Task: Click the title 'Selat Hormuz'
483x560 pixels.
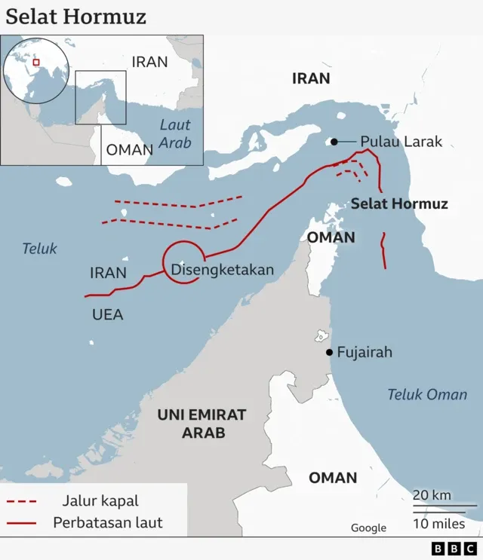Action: click(x=76, y=17)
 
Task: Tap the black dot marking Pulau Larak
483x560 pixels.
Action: click(x=334, y=141)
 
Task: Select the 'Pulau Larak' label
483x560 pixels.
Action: click(x=401, y=141)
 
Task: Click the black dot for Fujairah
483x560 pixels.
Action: click(x=329, y=352)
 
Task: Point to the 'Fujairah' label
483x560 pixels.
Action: click(x=365, y=352)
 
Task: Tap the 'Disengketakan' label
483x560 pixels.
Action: click(x=223, y=270)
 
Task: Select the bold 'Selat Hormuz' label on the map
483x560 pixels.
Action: click(x=399, y=203)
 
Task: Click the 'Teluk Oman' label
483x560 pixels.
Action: click(x=427, y=394)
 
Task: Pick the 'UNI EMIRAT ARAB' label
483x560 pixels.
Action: click(x=202, y=424)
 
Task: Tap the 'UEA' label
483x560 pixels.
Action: click(x=107, y=315)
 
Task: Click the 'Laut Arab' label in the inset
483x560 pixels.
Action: click(x=175, y=133)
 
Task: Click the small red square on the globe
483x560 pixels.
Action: click(x=35, y=63)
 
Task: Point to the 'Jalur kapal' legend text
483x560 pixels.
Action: click(x=100, y=501)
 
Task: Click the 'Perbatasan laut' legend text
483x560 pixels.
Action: click(x=108, y=522)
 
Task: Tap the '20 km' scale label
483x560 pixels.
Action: click(x=432, y=494)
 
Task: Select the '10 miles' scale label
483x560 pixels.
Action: click(x=438, y=524)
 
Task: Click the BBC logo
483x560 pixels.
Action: click(x=454, y=549)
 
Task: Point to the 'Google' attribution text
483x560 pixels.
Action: click(x=368, y=528)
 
